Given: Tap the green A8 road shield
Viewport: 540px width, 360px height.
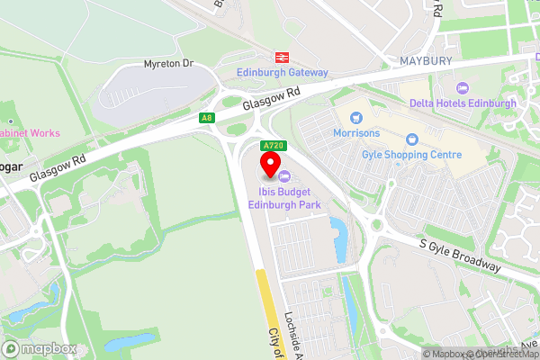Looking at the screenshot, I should tap(207, 118).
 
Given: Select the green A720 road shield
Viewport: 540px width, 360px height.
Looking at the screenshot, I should tap(273, 146).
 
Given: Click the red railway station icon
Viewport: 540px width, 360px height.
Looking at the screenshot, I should tap(283, 56).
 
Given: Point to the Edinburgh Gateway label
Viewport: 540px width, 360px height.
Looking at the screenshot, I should tap(283, 72).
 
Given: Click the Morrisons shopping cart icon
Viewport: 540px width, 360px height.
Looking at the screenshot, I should tap(356, 117).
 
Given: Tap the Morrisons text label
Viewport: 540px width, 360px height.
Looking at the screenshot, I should tap(356, 134).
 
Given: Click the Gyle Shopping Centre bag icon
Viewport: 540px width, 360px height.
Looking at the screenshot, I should tap(412, 139).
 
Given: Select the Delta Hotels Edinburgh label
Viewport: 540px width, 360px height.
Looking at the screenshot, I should tap(463, 103).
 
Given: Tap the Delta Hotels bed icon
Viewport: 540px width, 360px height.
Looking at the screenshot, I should tap(463, 87).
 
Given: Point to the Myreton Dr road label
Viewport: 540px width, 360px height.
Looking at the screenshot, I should tap(168, 65).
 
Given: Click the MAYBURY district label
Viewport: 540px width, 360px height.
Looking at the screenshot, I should tap(424, 61).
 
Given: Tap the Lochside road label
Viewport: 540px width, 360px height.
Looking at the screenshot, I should tap(288, 324).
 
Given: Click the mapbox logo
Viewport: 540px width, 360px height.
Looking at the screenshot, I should tap(40, 348).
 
